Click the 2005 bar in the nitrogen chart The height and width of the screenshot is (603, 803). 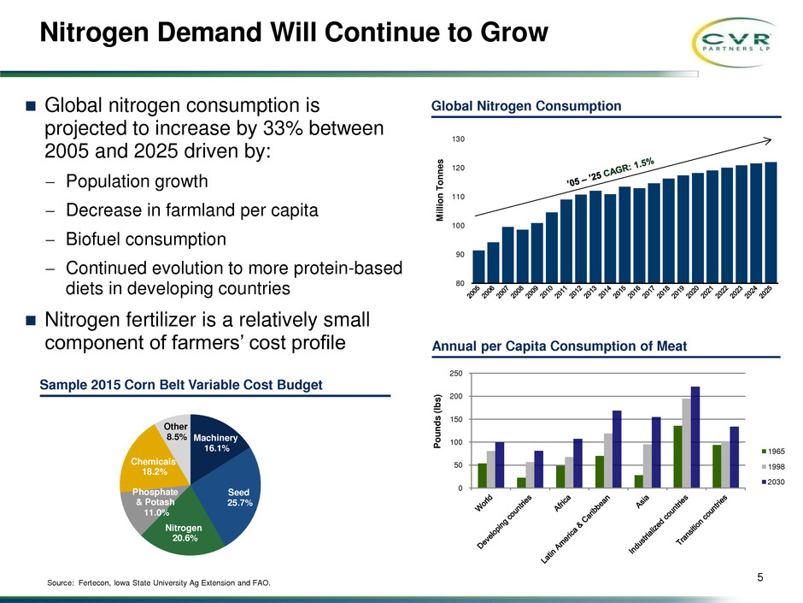tap(478, 266)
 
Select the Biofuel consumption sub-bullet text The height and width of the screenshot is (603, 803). tap(146, 238)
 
